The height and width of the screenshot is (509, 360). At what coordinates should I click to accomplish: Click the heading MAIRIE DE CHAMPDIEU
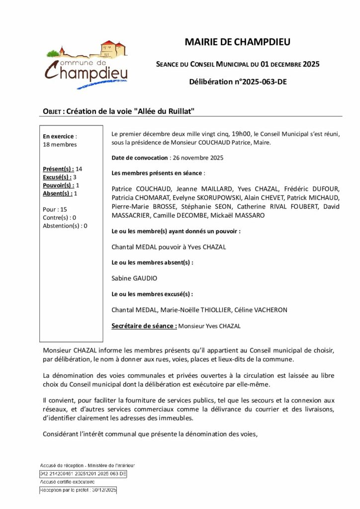pyautogui.click(x=237, y=42)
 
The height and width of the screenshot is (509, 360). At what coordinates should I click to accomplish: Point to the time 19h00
pyautogui.click(x=243, y=134)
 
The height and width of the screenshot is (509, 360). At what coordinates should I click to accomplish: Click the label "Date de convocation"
pyautogui.click(x=140, y=158)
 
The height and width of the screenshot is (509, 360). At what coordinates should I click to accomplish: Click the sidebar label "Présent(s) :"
pyautogui.click(x=59, y=169)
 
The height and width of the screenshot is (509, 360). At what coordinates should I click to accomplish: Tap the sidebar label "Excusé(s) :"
pyautogui.click(x=57, y=177)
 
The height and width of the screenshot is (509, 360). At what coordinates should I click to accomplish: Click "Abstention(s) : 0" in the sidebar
pyautogui.click(x=65, y=226)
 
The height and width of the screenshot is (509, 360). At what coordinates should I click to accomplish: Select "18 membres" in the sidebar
pyautogui.click(x=60, y=145)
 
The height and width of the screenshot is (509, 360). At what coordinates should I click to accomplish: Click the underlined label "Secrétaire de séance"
pyautogui.click(x=144, y=326)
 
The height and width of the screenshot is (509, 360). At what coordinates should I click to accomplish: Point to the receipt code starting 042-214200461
pyautogui.click(x=83, y=474)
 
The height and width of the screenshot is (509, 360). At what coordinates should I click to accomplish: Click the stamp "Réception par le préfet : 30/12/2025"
pyautogui.click(x=79, y=490)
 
